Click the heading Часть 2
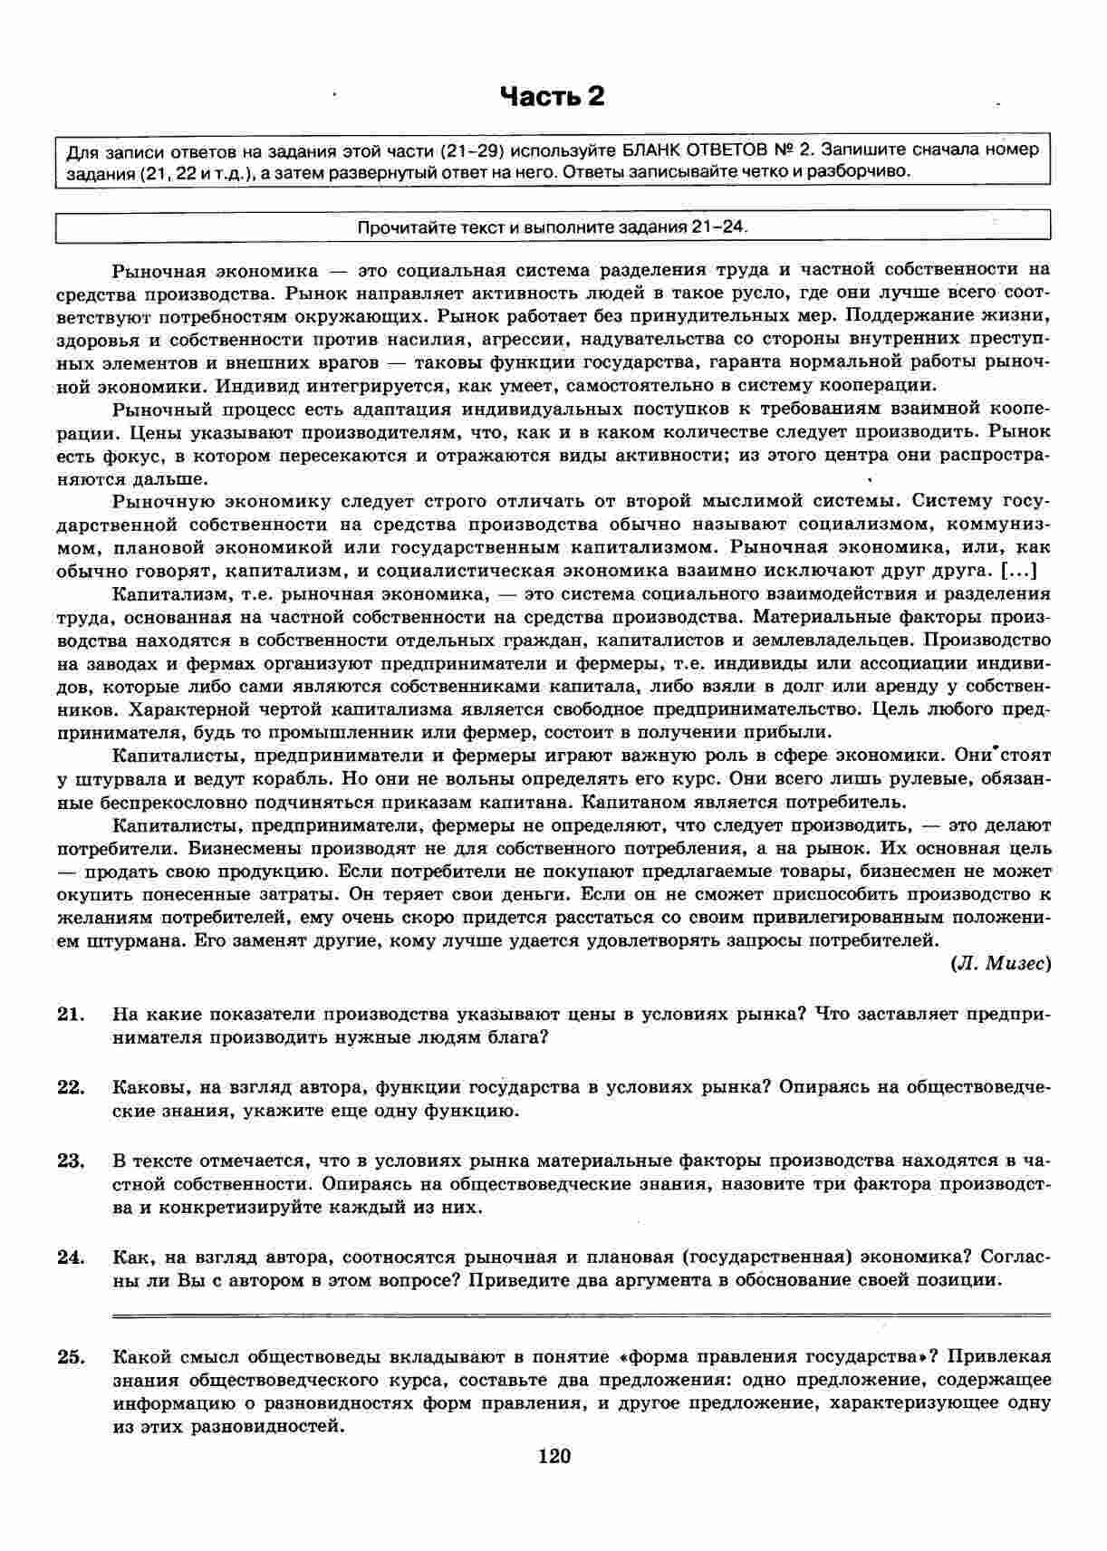[553, 96]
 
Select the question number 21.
[71, 1014]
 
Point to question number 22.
[71, 1087]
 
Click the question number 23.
[71, 1161]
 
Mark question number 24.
[71, 1257]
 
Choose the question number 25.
[71, 1356]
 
